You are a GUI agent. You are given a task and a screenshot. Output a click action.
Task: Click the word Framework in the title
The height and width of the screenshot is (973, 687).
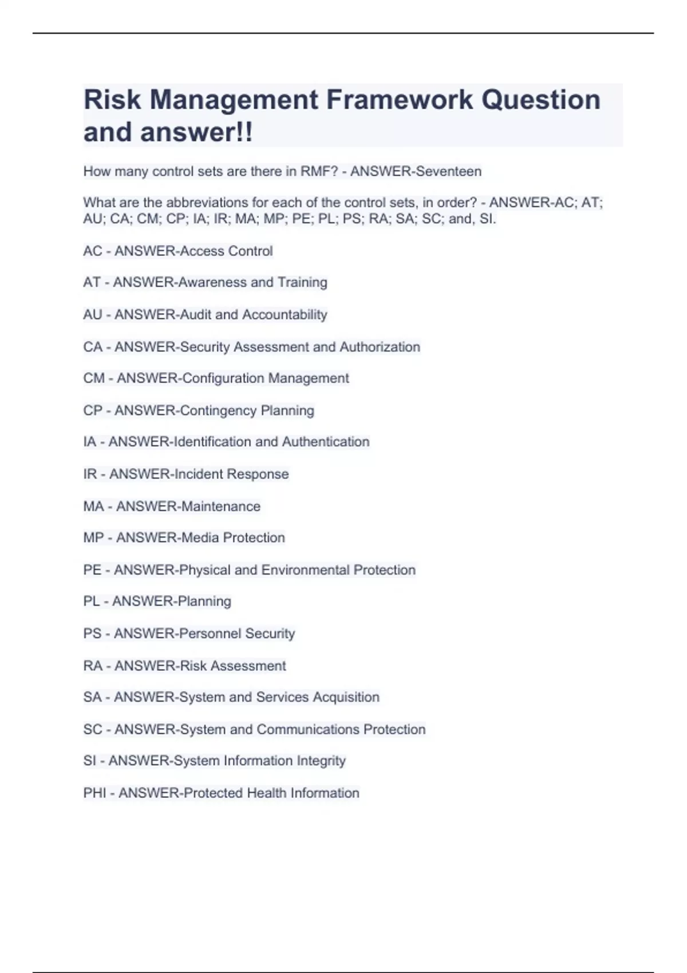[399, 100]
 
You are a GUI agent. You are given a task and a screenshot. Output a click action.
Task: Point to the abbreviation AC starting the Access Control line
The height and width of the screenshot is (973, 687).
[92, 251]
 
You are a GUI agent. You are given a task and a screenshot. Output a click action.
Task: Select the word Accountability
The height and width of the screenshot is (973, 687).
[285, 315]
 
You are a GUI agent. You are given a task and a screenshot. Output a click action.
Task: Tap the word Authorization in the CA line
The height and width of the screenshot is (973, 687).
[380, 347]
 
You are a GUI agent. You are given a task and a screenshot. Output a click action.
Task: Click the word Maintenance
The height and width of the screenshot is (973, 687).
[220, 507]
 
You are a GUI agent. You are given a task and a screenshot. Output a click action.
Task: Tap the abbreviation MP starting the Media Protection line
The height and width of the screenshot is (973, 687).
[93, 538]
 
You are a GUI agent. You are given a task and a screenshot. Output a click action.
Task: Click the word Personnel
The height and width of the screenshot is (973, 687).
[210, 634]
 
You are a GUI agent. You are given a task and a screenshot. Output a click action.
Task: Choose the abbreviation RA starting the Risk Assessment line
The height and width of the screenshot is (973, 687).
[92, 666]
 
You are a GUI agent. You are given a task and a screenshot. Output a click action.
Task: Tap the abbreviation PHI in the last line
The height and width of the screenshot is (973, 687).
[94, 793]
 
